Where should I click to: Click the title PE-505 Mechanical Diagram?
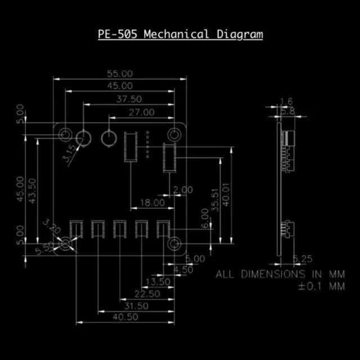[x=180, y=34]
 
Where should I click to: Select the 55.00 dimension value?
[x=120, y=74]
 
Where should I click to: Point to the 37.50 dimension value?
[x=129, y=98]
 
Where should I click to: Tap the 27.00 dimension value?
[x=141, y=112]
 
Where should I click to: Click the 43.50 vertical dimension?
[x=33, y=191]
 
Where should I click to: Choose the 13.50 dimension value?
[x=157, y=281]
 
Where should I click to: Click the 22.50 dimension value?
[x=147, y=294]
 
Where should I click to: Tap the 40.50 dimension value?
[x=125, y=317]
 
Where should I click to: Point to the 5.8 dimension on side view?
[x=287, y=111]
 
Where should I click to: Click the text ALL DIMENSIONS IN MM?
[x=280, y=274]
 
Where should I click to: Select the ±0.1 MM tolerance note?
[x=321, y=286]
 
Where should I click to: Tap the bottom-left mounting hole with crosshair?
[x=66, y=244]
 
